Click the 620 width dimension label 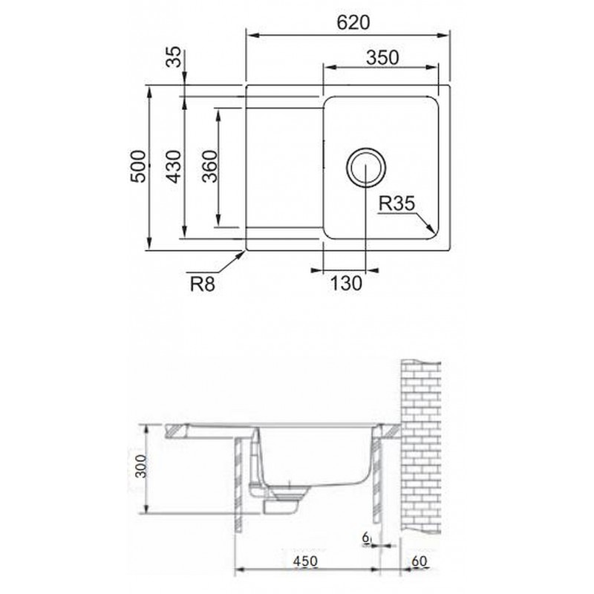tap(353, 23)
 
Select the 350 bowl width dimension tap(382, 58)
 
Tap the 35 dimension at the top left tap(174, 57)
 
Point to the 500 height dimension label tap(138, 166)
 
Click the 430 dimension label tap(174, 166)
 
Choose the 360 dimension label tap(210, 166)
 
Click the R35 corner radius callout tap(397, 203)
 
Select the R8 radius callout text tap(203, 284)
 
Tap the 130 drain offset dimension tap(346, 283)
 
